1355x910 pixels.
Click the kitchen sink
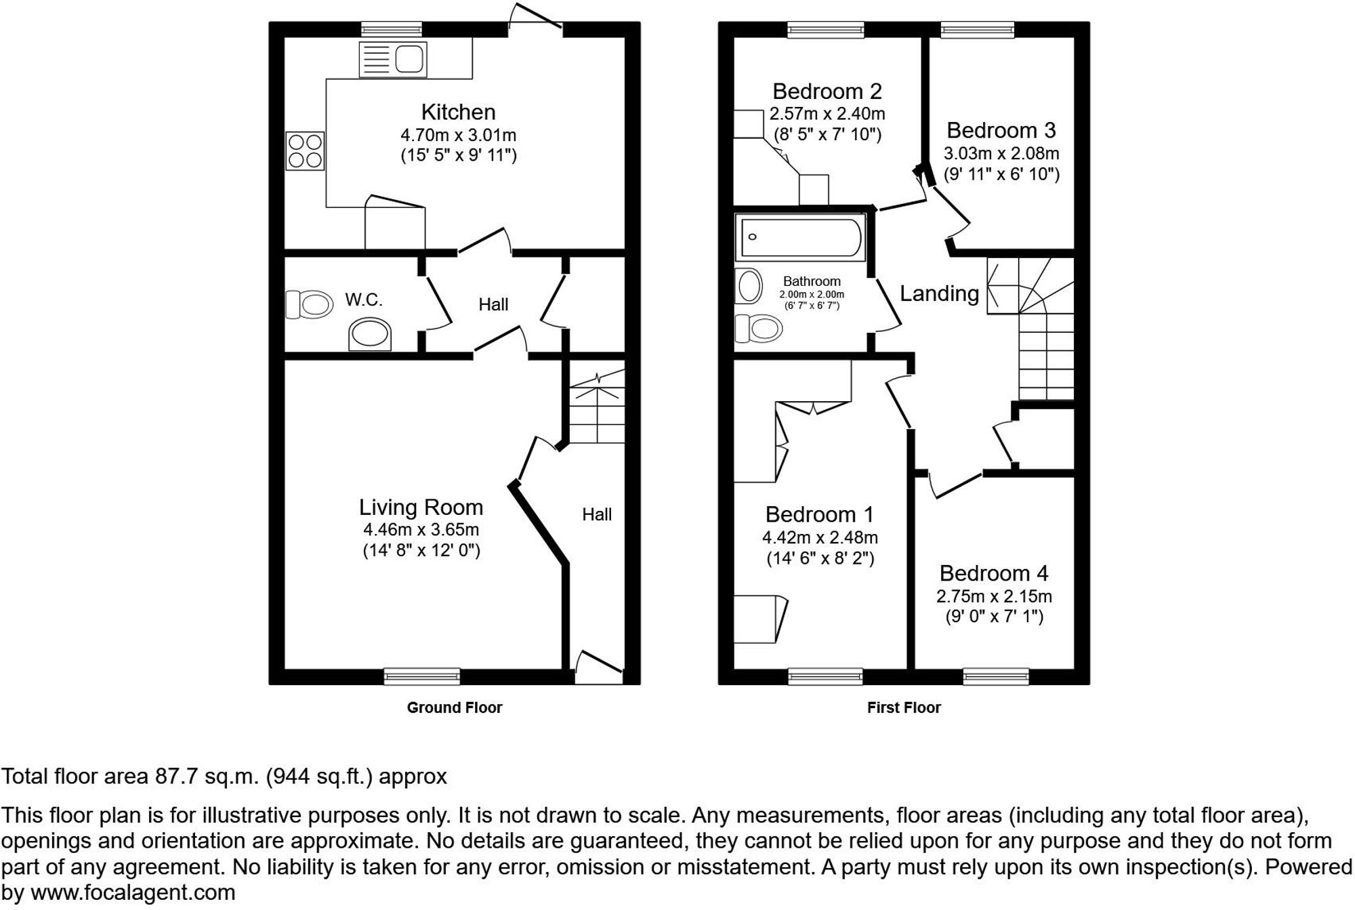point(393,59)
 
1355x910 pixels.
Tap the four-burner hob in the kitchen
point(305,151)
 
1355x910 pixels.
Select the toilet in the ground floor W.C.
point(309,304)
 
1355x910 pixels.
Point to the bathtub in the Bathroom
point(800,237)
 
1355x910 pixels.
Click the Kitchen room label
point(458,112)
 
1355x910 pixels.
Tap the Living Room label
point(421,507)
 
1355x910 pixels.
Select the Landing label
point(939,293)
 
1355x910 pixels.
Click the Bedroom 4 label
point(994,573)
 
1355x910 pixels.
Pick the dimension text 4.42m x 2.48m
point(820,537)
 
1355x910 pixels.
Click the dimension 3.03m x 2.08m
point(1001,153)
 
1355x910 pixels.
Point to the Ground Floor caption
point(455,707)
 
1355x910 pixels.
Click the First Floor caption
point(904,707)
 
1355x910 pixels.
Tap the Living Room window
point(421,676)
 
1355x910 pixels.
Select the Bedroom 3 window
point(977,29)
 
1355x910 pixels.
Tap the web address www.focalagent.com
point(133,893)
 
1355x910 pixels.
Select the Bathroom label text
point(812,281)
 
